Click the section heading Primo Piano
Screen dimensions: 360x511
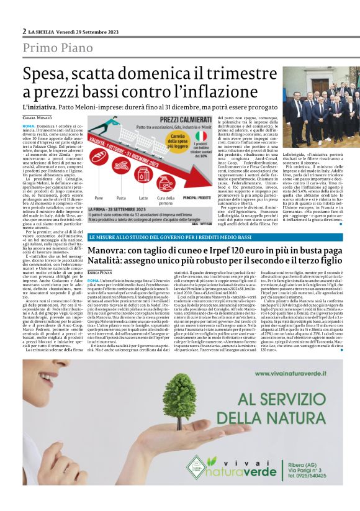56,48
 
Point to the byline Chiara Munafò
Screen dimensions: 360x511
38,117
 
